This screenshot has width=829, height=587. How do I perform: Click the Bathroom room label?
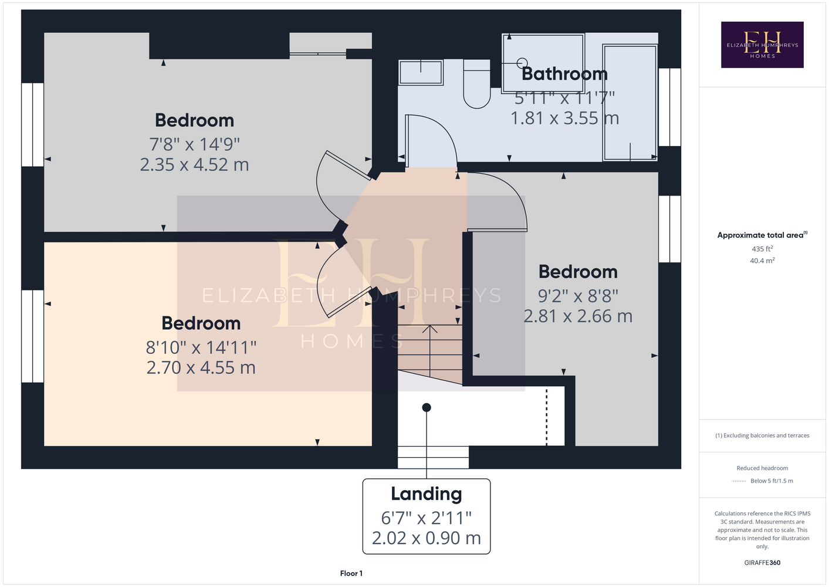[564, 74]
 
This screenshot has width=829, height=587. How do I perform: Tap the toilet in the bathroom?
[476, 84]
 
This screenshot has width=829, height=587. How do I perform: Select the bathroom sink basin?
[421, 72]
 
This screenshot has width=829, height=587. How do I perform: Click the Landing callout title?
[427, 494]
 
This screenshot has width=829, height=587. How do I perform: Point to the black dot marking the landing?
[427, 407]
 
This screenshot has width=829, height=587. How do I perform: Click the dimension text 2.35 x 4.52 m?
[194, 164]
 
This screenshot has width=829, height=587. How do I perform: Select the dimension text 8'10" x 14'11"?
[201, 348]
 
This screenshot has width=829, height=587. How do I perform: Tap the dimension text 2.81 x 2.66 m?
[578, 316]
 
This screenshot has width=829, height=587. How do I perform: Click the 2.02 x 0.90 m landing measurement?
[427, 538]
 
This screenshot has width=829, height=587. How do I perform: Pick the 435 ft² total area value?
[762, 248]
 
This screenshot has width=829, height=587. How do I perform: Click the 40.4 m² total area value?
[762, 261]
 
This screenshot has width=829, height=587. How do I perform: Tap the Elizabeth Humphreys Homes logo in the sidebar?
[762, 45]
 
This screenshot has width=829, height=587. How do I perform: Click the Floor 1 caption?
[351, 573]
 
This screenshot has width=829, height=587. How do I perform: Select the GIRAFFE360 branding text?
[762, 562]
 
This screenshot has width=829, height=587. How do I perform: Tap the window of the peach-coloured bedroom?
[33, 336]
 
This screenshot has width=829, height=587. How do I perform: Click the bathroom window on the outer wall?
[669, 107]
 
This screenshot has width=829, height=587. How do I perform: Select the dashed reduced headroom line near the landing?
[547, 416]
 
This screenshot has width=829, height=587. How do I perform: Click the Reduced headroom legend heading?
[762, 468]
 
